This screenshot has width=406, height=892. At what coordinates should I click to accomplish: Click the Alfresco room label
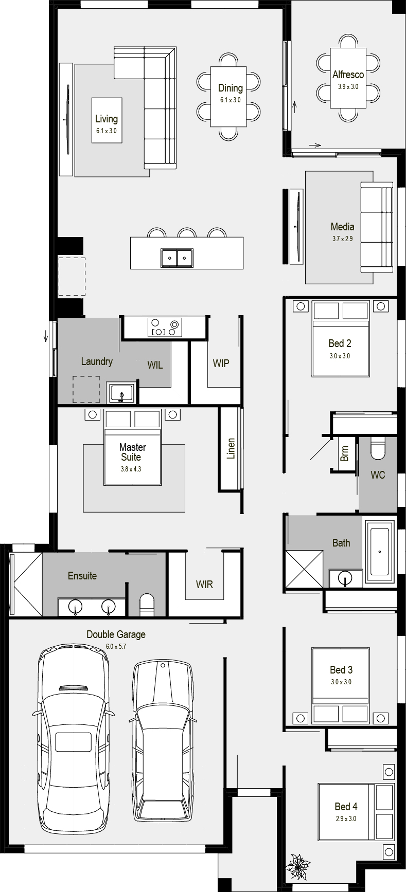click(348, 75)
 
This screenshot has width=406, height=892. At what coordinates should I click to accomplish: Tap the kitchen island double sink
click(177, 258)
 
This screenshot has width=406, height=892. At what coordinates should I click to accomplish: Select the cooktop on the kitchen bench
click(165, 327)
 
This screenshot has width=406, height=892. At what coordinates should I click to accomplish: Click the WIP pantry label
click(221, 363)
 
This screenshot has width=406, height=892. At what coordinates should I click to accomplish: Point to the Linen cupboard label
click(231, 448)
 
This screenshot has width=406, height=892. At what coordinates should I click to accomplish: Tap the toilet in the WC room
click(378, 447)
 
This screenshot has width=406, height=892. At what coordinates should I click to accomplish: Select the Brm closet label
click(345, 453)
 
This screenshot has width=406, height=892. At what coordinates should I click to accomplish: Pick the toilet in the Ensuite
click(147, 605)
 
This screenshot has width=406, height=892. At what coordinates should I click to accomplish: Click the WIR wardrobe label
click(204, 584)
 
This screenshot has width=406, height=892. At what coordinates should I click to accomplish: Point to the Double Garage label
click(116, 634)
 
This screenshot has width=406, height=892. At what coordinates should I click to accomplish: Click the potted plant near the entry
click(297, 866)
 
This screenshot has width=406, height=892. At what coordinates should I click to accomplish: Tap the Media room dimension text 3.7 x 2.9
click(343, 239)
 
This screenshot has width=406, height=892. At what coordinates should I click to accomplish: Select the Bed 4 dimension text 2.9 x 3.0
click(346, 818)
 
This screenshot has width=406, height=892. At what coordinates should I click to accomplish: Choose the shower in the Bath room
click(305, 569)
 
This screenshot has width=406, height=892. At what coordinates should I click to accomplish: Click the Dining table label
click(230, 88)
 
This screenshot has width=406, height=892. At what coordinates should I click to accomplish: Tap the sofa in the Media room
click(377, 227)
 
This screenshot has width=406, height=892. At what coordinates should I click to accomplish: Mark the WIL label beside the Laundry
click(155, 365)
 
